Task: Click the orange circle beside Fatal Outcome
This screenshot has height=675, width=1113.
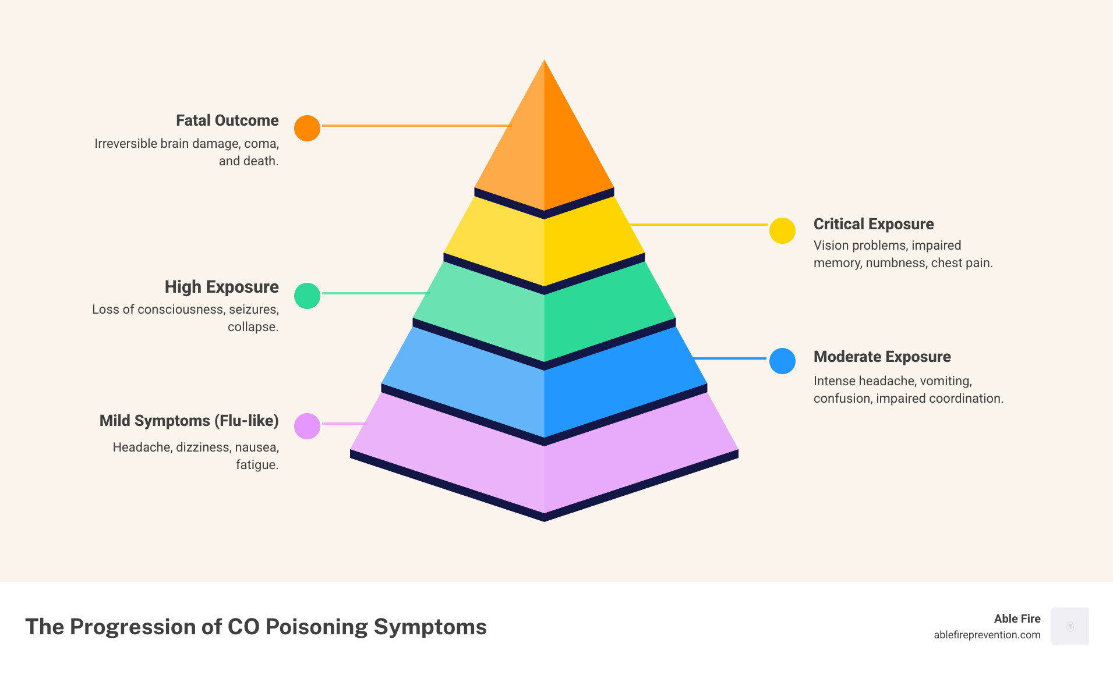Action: tap(307, 128)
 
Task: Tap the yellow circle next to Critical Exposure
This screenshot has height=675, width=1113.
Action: tap(782, 231)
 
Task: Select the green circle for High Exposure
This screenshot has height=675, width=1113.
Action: tap(307, 296)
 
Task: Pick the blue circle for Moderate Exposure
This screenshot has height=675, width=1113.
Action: tap(782, 361)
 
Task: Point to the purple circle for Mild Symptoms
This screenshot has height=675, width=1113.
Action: tap(307, 426)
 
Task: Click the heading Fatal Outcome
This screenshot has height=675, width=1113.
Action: tap(227, 120)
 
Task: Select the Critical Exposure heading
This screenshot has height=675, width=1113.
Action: tap(873, 224)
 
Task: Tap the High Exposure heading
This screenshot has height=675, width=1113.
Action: tap(221, 287)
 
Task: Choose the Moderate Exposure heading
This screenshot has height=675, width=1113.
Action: tap(882, 357)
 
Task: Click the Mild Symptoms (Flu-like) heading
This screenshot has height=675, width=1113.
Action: tap(189, 421)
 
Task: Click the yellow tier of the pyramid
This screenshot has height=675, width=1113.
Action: tap(544, 244)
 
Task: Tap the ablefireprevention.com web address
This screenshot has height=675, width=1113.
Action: tap(987, 635)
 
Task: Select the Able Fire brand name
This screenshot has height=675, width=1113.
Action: tap(1017, 619)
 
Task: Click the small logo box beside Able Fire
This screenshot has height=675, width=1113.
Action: tap(1070, 626)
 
